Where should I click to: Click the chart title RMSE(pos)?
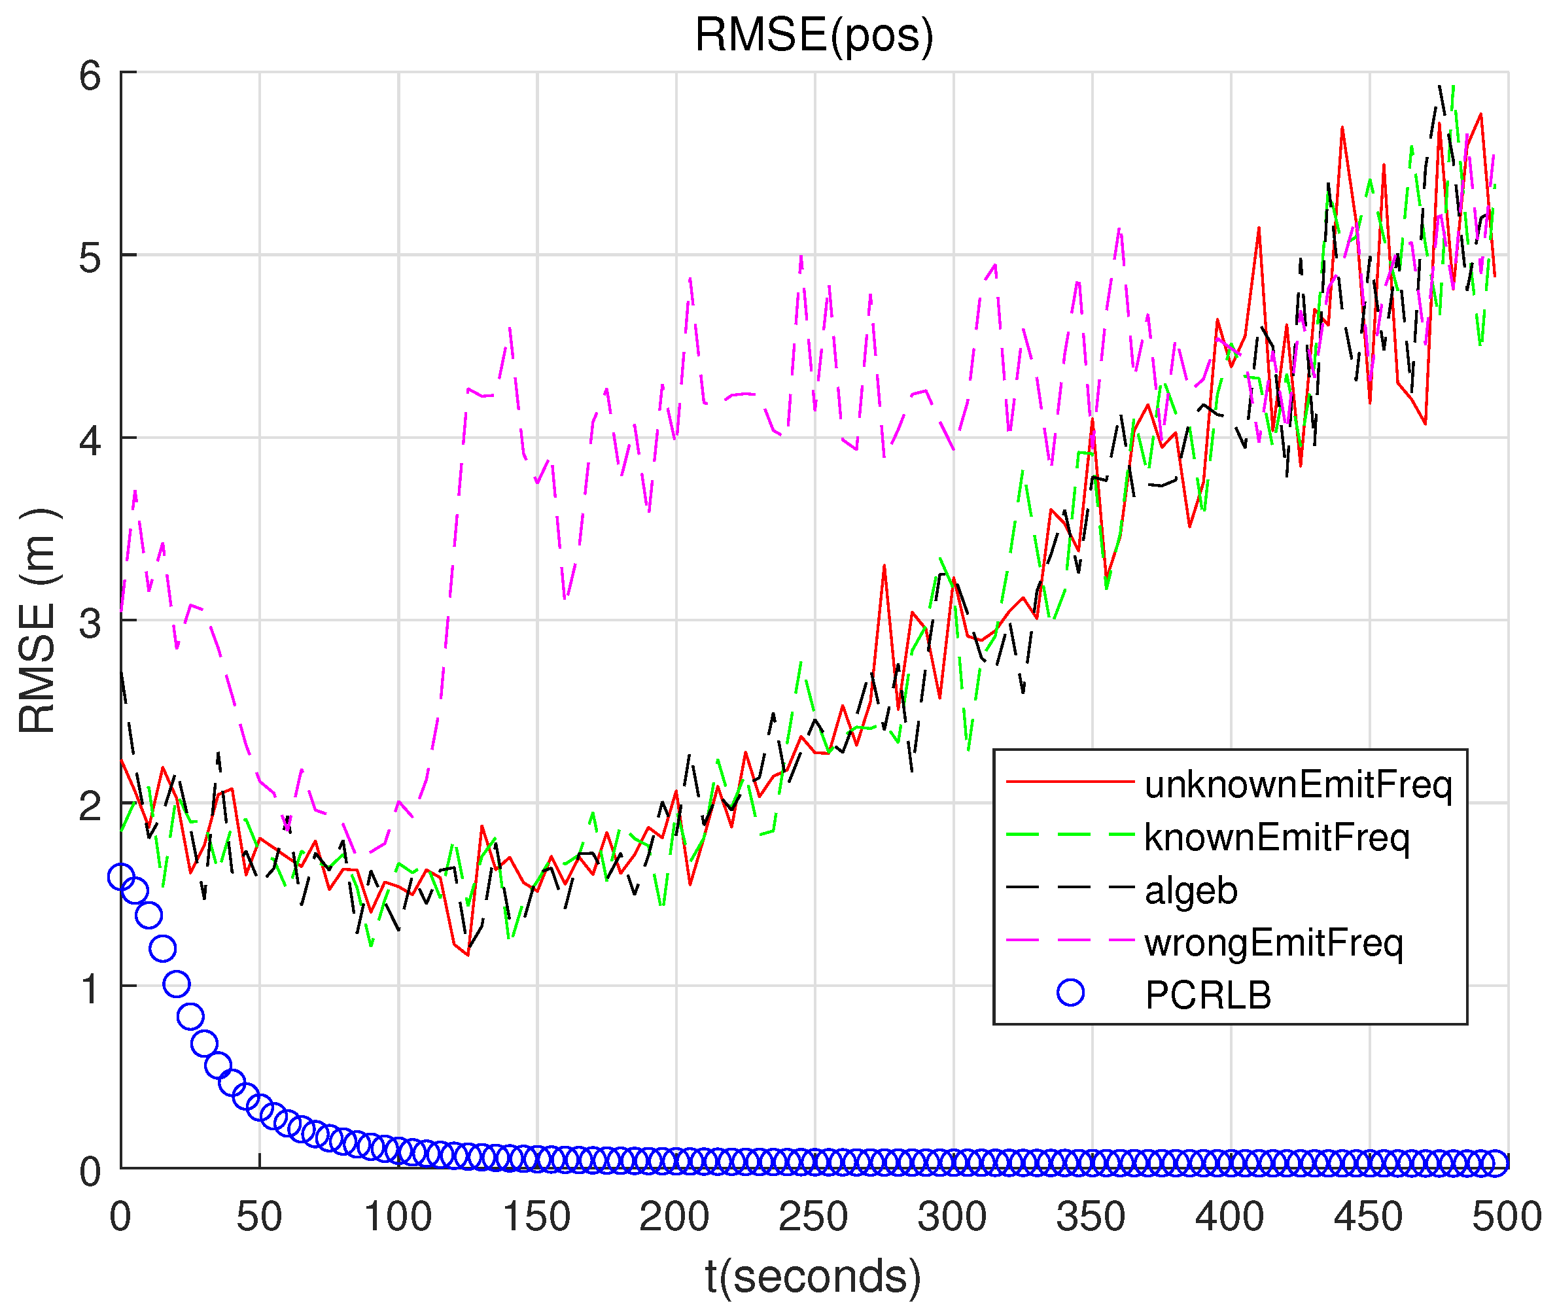814,35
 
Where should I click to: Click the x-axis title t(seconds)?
814,1276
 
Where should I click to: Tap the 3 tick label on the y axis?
90,623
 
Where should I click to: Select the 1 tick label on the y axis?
90,988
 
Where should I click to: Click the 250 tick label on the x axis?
814,1217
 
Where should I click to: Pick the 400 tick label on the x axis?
1229,1217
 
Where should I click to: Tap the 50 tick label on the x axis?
259,1217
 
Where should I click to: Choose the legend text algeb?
1191,890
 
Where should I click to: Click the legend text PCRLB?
1208,995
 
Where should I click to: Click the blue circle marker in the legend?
1070,992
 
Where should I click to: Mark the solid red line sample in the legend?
1070,782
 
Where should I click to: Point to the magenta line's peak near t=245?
801,257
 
